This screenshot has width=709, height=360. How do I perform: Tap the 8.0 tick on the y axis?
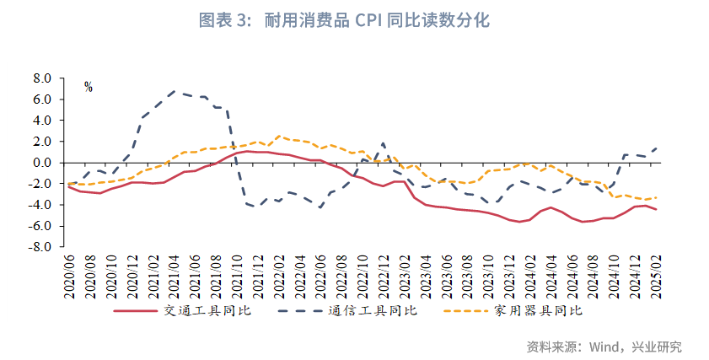pyautogui.click(x=41, y=78)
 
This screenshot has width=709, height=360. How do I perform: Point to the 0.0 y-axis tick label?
pyautogui.click(x=41, y=163)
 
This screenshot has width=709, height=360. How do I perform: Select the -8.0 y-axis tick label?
pyautogui.click(x=40, y=248)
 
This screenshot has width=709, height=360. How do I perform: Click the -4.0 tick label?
pyautogui.click(x=40, y=205)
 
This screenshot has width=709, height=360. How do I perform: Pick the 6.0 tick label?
pyautogui.click(x=41, y=99)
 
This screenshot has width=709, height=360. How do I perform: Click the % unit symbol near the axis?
pyautogui.click(x=88, y=87)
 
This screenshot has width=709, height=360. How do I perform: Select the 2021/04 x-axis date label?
pyautogui.click(x=174, y=275)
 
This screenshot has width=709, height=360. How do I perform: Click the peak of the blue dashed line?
pyautogui.click(x=174, y=91)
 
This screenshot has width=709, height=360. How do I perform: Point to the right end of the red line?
pyautogui.click(x=656, y=209)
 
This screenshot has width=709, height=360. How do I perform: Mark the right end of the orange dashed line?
pyautogui.click(x=656, y=197)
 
